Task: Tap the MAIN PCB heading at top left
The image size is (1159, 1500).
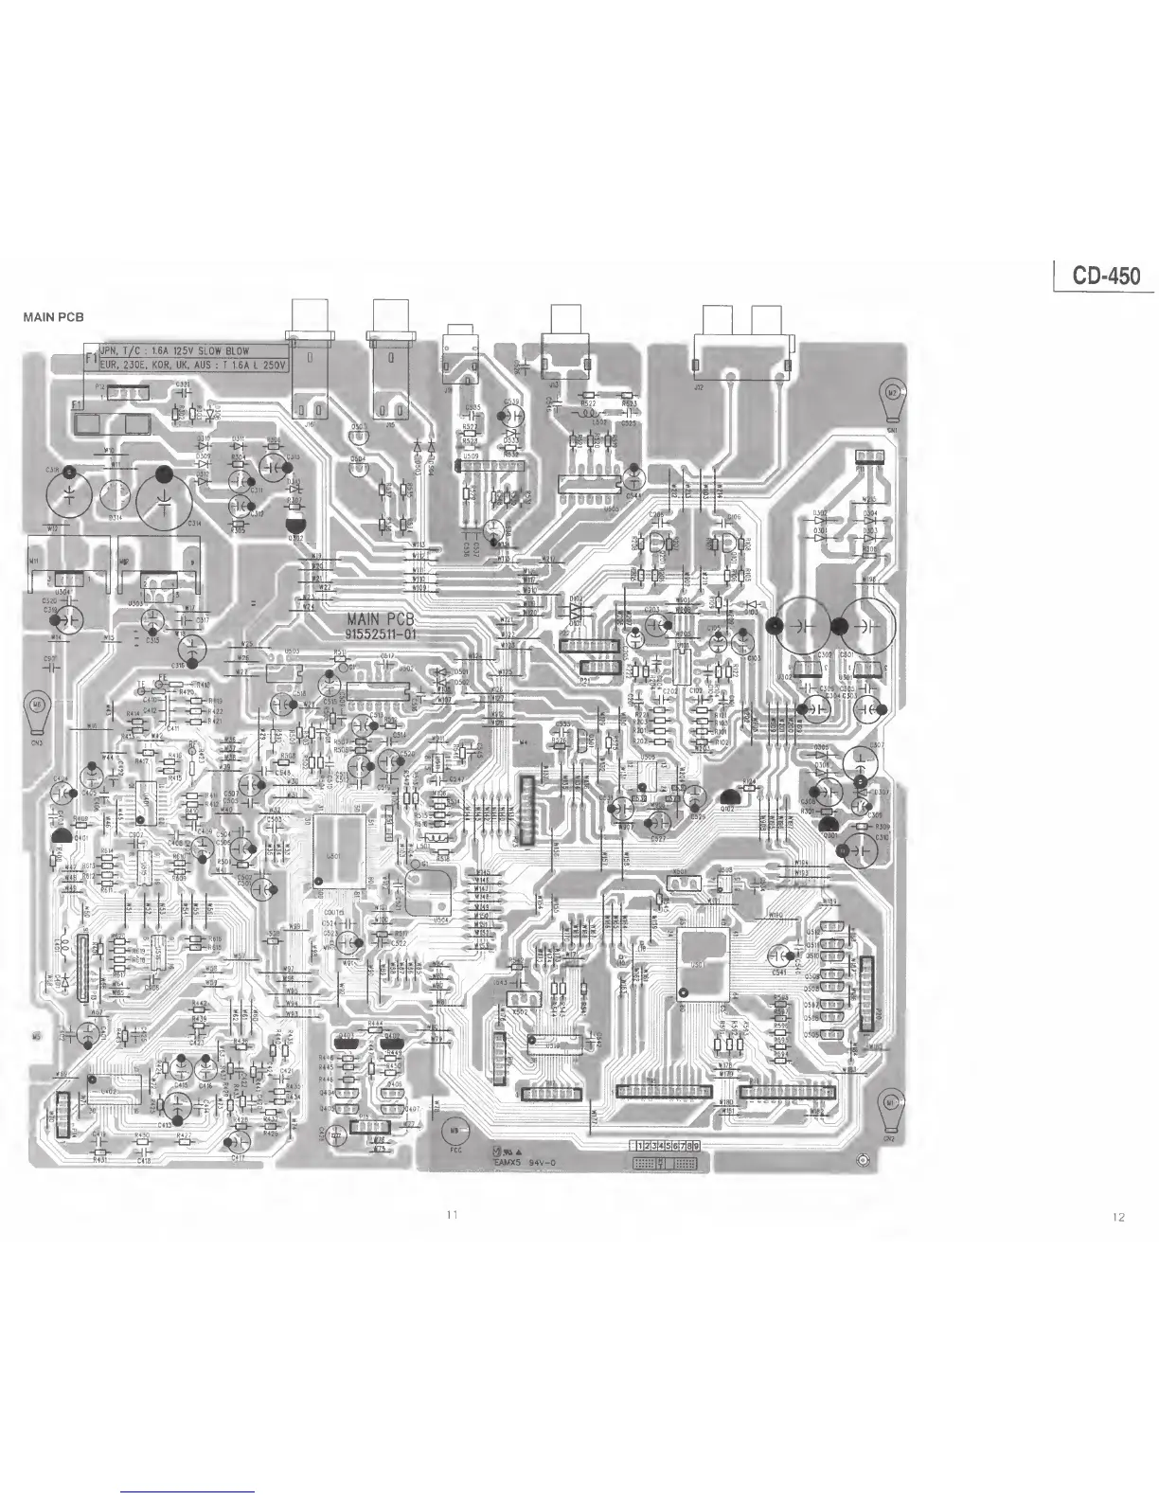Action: click(x=53, y=317)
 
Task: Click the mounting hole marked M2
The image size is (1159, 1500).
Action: click(x=892, y=391)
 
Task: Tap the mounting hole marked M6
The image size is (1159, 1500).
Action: click(x=37, y=706)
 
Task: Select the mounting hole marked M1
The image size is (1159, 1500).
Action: click(x=889, y=1103)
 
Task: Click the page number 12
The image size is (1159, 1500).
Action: click(x=1118, y=1218)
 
